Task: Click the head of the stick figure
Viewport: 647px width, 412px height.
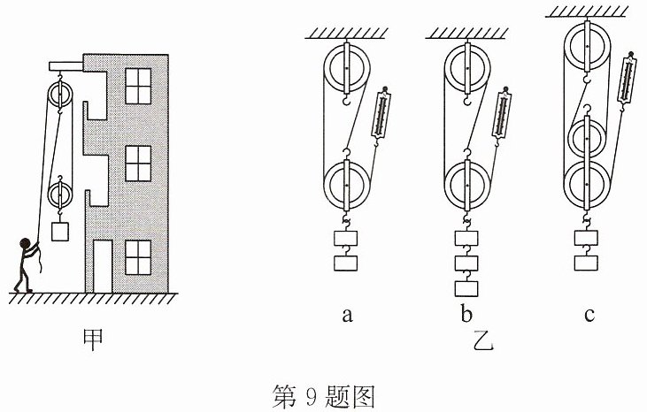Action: point(25,243)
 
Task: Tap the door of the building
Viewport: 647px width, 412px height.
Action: point(103,266)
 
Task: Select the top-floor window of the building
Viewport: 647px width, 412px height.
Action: point(138,86)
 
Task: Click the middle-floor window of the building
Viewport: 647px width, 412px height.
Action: point(138,164)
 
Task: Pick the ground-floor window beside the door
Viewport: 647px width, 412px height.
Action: point(138,257)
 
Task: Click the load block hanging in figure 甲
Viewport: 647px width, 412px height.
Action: point(60,232)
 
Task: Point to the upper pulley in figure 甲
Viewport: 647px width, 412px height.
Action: point(60,95)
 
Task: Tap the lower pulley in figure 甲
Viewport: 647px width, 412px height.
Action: point(60,195)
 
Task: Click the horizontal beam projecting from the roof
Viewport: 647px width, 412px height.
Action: point(66,66)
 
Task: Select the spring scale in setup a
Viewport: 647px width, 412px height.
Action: point(381,115)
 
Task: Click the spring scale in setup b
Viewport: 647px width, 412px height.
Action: point(501,115)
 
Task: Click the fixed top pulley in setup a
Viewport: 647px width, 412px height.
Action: point(347,68)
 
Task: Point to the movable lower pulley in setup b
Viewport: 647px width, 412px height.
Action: point(467,185)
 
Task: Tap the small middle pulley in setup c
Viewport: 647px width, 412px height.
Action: point(587,139)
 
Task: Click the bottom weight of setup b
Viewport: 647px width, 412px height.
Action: point(466,289)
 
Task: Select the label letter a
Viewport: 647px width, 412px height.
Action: point(348,316)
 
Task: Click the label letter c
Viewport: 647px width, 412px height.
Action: point(589,316)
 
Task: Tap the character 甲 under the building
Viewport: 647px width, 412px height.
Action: point(92,340)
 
